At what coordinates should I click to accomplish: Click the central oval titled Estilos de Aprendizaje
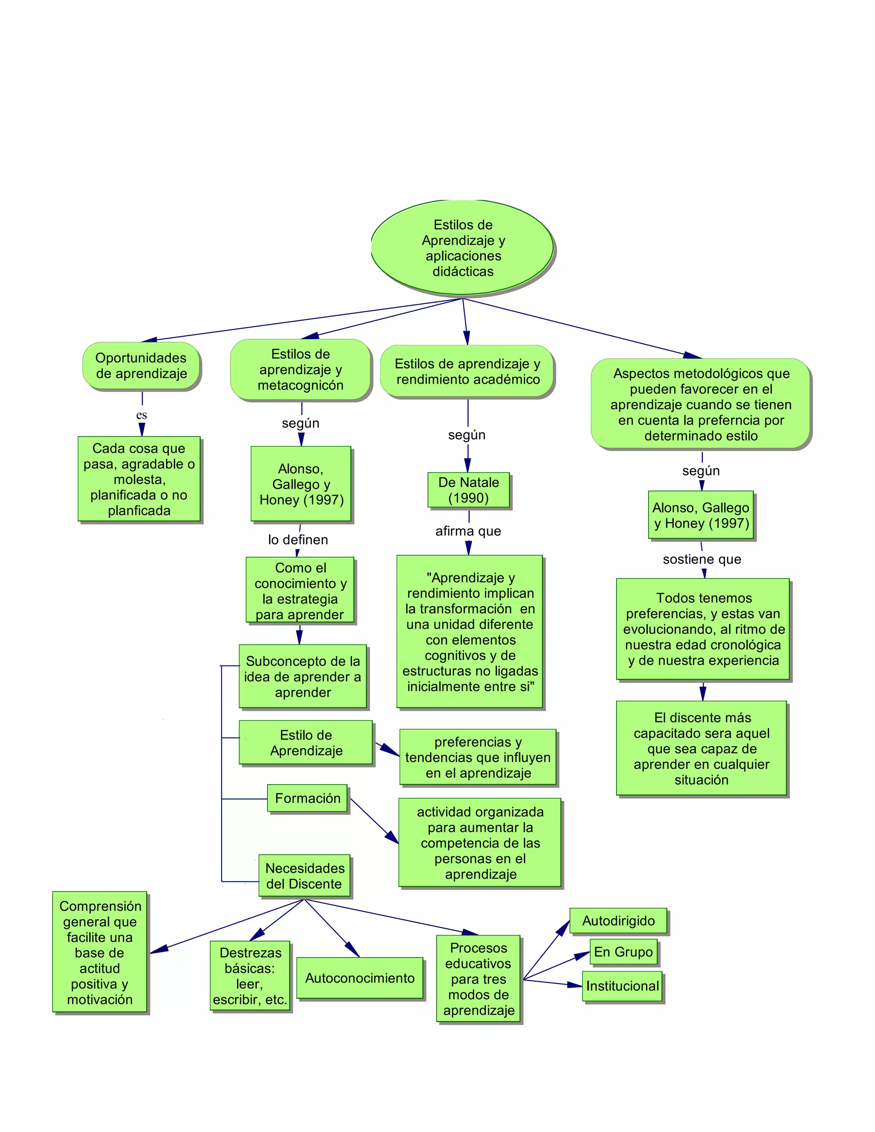point(462,248)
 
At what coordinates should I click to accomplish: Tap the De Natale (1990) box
point(469,490)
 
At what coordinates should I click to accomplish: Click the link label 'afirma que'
point(468,531)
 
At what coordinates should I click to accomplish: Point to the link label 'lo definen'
point(298,540)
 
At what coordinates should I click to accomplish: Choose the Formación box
point(307,798)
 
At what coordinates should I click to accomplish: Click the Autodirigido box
point(618,921)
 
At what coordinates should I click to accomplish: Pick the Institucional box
point(622,986)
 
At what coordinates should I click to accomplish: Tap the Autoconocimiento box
point(360,978)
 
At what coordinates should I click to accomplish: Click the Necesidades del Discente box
point(304,876)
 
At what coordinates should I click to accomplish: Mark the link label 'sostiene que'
point(702,559)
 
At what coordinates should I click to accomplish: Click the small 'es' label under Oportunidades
point(141,415)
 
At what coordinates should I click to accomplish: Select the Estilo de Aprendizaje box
point(306,743)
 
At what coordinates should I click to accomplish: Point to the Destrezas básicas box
point(250,976)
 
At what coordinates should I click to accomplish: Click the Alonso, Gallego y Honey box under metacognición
point(301,484)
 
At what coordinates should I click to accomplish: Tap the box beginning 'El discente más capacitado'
point(702,748)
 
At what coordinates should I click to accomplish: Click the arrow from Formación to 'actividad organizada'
point(374,821)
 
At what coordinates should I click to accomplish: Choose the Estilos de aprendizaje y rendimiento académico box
point(467,372)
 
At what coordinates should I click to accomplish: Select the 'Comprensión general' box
point(100,953)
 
